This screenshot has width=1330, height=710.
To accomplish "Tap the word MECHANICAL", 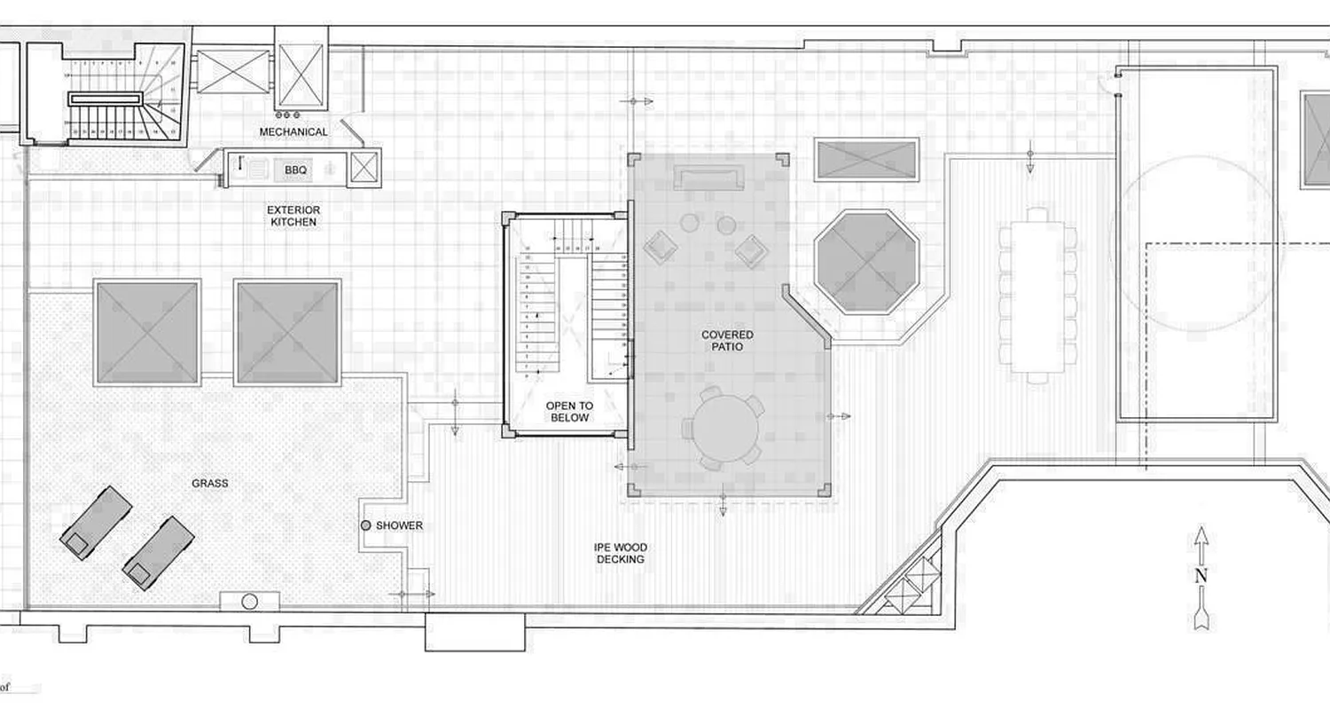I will coord(293,132).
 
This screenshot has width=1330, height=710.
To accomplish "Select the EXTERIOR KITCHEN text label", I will coord(293,216).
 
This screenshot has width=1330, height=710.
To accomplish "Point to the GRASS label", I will coord(210,484).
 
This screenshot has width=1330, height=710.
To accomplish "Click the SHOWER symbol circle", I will coord(365,525).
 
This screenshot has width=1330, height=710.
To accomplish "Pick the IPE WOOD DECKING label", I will coord(620,553).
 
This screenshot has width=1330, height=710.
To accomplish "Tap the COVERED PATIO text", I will coord(727,341).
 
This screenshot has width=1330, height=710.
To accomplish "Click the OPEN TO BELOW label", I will coord(568,411).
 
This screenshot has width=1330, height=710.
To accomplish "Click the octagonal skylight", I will coord(865,261).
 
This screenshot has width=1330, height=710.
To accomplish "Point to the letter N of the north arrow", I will coord(1201,575).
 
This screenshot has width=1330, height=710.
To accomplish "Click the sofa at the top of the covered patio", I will coord(708,175).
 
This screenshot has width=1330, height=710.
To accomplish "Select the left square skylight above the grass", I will coord(146,332).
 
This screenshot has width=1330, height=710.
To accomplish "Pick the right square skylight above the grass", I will coord(288,332).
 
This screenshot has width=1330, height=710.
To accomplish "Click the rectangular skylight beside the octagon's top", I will coord(865,160).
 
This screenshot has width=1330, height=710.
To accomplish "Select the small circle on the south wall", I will coord(249,602).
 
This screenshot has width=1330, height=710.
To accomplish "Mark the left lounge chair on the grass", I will coord(96,522).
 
